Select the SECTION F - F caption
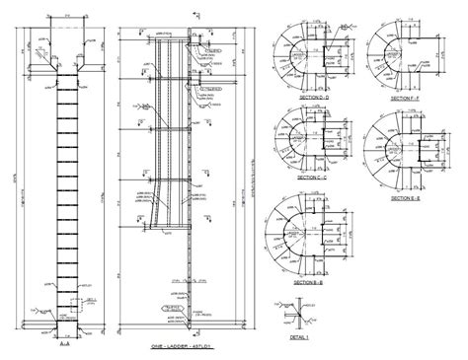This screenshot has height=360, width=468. (x=404, y=100)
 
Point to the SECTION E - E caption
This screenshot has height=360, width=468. (x=404, y=198)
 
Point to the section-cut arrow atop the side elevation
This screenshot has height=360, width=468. (x=197, y=14)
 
